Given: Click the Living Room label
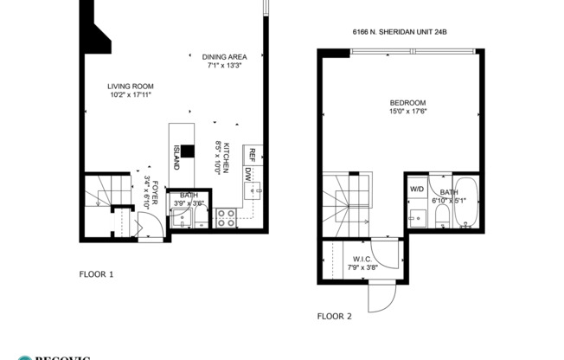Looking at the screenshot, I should pos(130,90).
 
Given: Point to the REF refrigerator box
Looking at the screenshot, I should pos(252,155).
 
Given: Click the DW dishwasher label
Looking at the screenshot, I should pos(248,174).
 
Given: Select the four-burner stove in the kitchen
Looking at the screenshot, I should pos(226,217).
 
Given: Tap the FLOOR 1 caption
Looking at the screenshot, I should pos(96,274).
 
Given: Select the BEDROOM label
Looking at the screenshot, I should pos(407,106).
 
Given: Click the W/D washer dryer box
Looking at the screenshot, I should pos(417,188).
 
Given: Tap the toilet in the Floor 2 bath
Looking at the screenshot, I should pos(441,224).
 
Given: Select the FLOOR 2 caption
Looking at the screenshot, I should pos(335,316).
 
